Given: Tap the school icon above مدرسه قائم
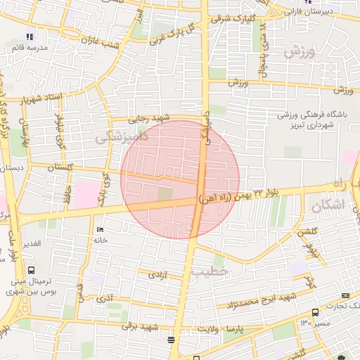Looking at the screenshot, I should coord(29,36).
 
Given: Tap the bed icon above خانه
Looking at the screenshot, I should coord(99,230).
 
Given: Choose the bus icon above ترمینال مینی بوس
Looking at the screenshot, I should coord(30,269).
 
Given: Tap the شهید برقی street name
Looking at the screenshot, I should coord(139,326).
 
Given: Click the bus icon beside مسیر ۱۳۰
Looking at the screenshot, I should coord(315,312).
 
